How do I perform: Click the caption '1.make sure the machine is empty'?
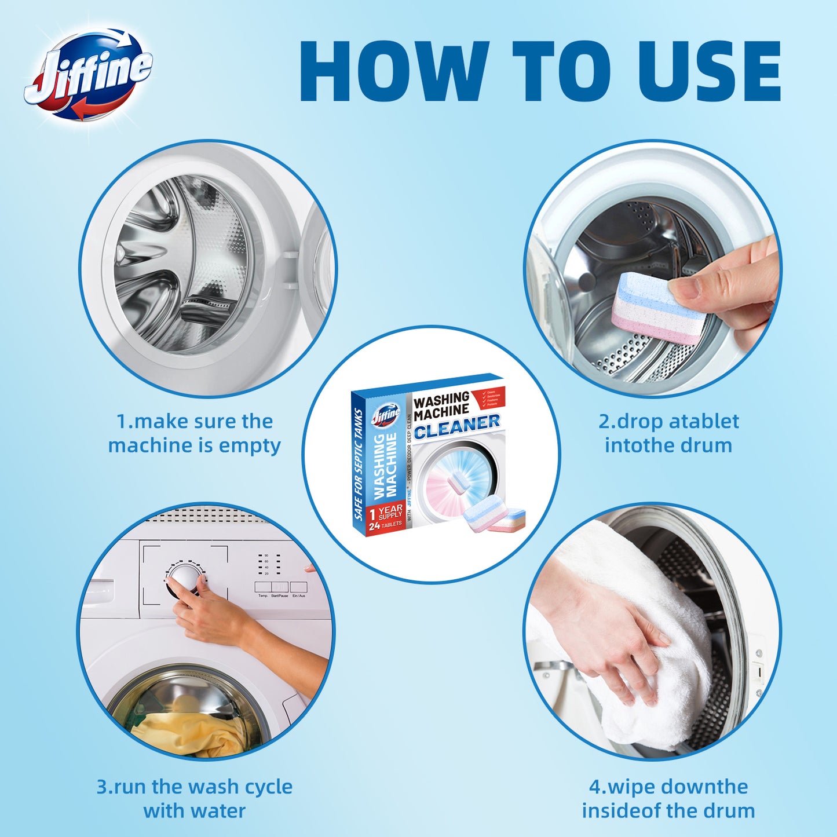click(x=194, y=433)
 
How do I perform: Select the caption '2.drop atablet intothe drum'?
click(x=668, y=433)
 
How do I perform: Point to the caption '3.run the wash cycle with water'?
click(x=194, y=798)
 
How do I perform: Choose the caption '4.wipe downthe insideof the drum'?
click(x=668, y=798)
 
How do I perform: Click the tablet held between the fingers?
click(x=657, y=309)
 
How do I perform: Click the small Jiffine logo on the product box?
click(x=386, y=415)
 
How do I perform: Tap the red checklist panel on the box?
click(x=490, y=398)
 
